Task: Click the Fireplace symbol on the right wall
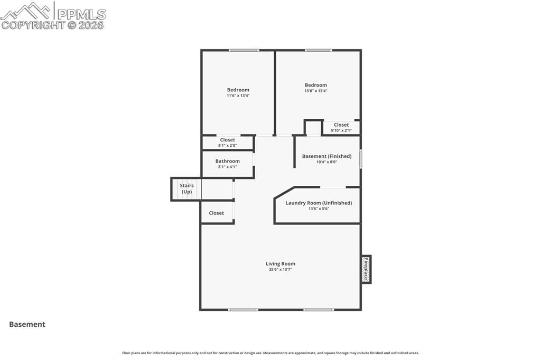(x=366, y=269)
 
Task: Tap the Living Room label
(x=280, y=263)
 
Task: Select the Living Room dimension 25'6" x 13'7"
(x=280, y=270)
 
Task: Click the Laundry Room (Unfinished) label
(x=319, y=203)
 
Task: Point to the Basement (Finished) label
(x=327, y=156)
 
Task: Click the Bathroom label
(x=227, y=161)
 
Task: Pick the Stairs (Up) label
(x=186, y=188)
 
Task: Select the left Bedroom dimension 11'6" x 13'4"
(x=238, y=96)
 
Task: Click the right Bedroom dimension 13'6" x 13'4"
(x=315, y=91)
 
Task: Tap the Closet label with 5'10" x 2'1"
(x=341, y=125)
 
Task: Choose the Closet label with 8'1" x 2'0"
(x=227, y=140)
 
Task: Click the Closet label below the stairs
(x=216, y=213)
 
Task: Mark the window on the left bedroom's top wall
(x=244, y=51)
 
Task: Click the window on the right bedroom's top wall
(x=319, y=51)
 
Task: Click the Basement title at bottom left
(x=27, y=325)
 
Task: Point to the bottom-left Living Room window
(x=243, y=309)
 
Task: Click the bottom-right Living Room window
(x=319, y=309)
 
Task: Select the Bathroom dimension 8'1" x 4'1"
(x=227, y=167)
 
